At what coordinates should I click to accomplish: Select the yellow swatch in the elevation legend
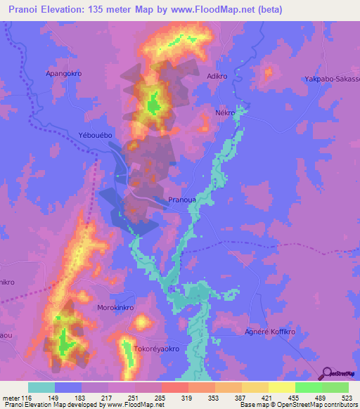(281, 387)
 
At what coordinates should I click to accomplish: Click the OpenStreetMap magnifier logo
(326, 372)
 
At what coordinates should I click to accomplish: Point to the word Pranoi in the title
(23, 9)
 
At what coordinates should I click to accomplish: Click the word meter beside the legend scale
(10, 397)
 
